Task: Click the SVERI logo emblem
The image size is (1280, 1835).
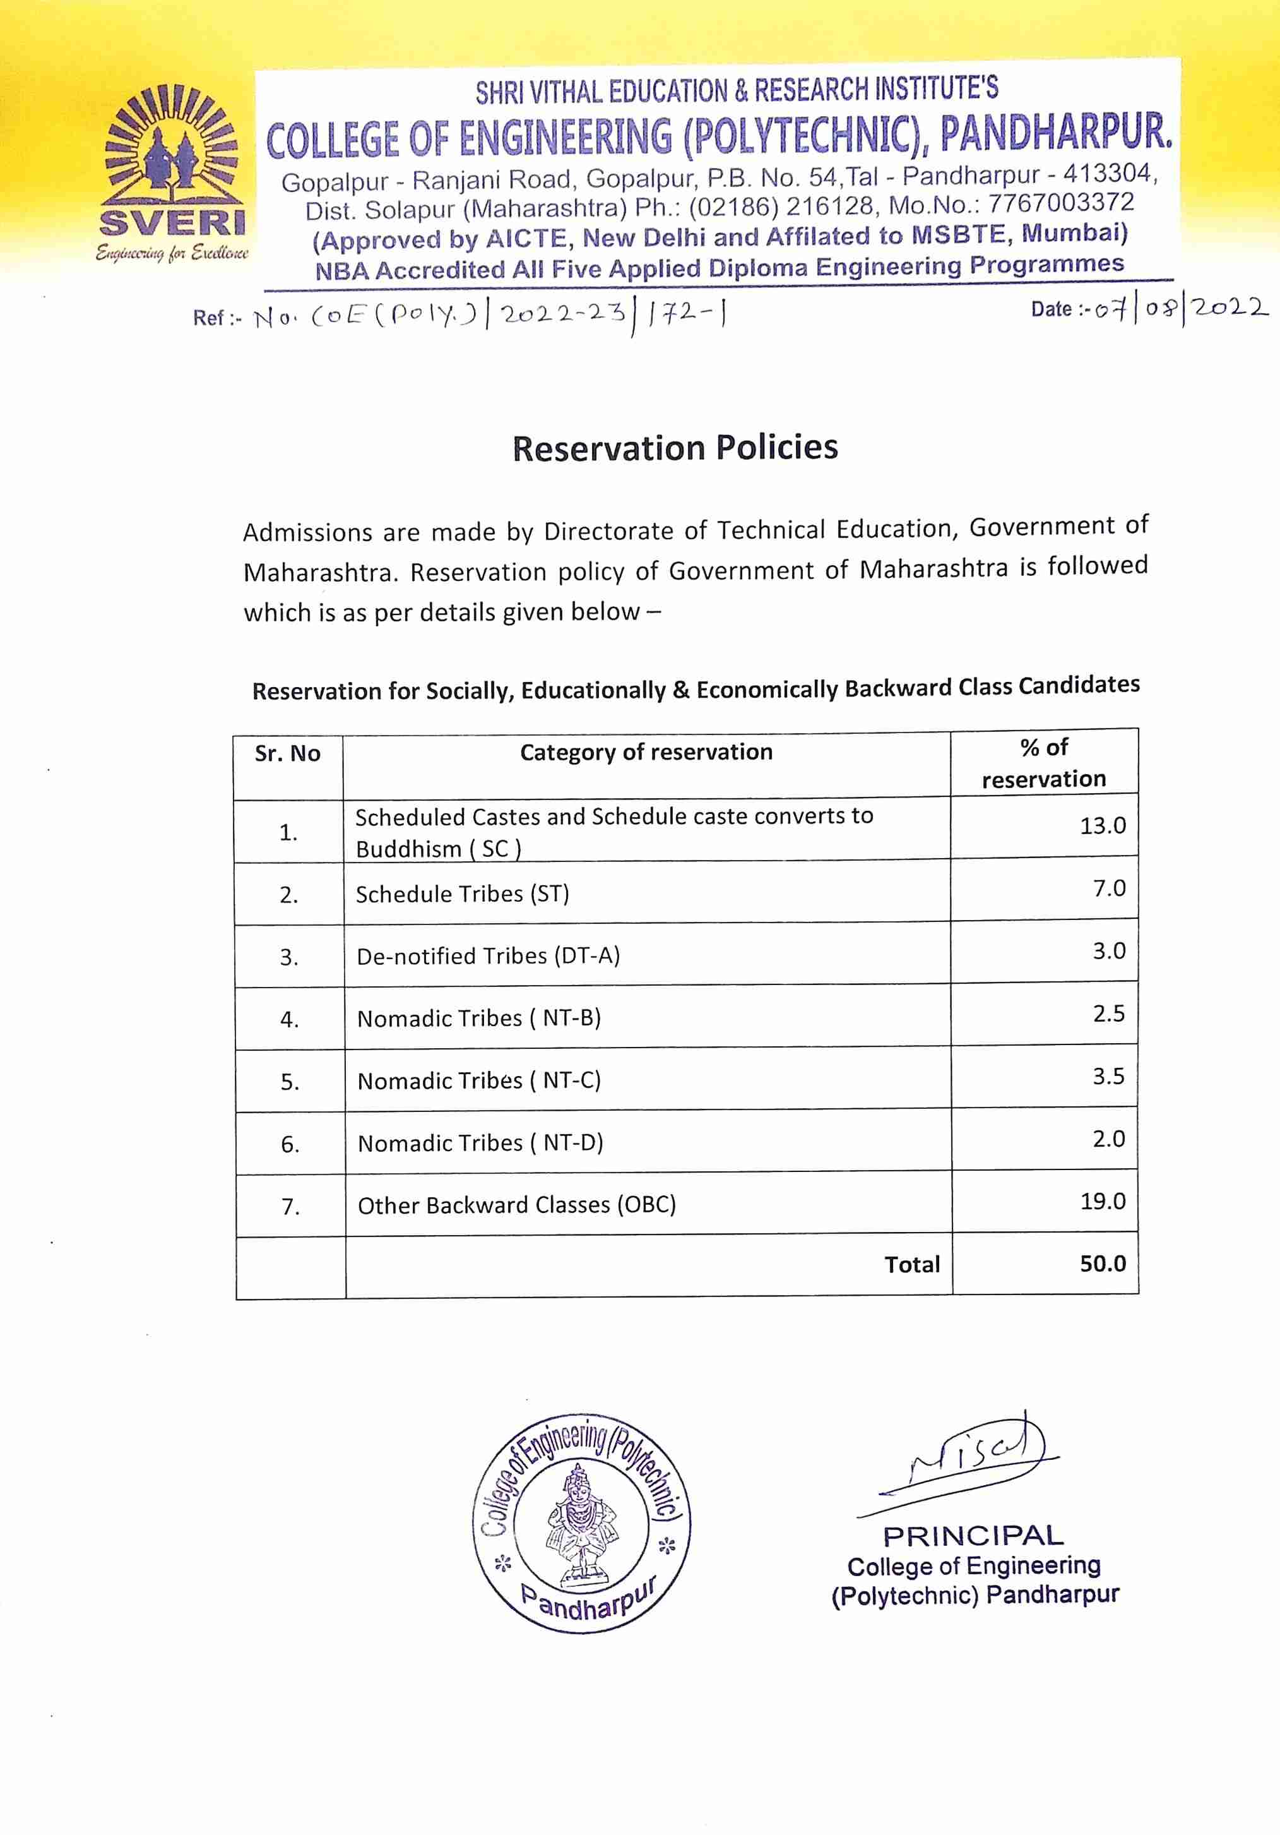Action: click(172, 172)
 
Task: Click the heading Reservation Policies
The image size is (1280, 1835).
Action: click(675, 448)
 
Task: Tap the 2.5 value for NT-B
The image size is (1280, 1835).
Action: click(1108, 1013)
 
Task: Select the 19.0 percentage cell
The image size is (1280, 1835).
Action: click(1103, 1200)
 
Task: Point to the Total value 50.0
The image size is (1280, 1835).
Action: click(1103, 1263)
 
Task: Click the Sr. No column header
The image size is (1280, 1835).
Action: click(288, 754)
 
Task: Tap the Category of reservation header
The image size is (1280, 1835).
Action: click(646, 752)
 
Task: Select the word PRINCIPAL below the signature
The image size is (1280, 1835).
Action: click(973, 1535)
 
